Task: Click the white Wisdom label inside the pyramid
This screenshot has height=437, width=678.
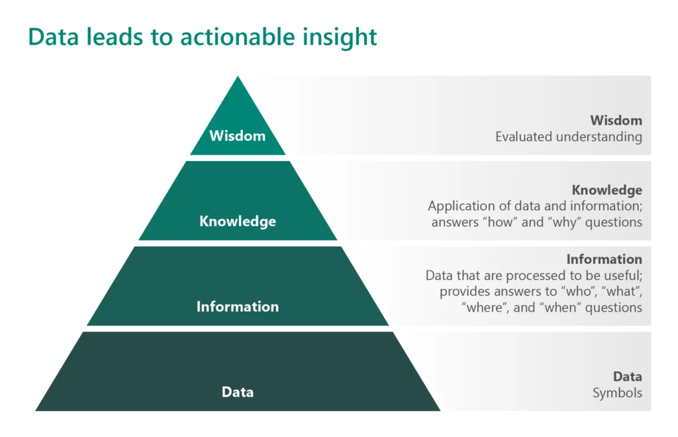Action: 237,136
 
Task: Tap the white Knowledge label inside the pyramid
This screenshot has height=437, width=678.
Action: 237,221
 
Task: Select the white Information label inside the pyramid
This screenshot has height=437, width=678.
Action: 237,306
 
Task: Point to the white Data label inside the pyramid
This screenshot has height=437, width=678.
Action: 237,392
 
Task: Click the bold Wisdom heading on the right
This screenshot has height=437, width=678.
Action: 616,121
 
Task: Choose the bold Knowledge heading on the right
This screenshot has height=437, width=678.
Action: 606,190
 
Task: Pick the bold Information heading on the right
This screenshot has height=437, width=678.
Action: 604,259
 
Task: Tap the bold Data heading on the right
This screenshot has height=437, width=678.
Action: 627,377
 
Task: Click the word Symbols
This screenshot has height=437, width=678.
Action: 617,393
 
